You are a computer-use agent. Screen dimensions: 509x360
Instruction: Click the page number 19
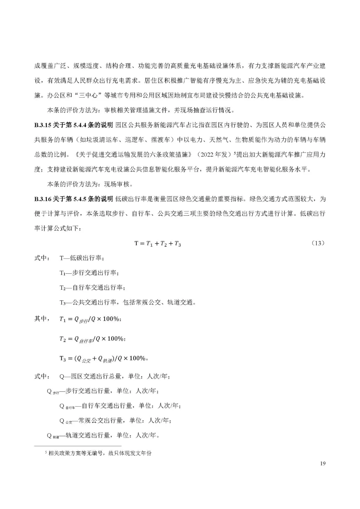pos(322,463)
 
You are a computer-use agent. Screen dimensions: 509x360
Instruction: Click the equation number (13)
pos(317,243)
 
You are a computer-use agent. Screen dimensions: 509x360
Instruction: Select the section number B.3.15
pos(42,125)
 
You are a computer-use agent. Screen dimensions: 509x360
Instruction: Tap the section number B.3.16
pos(42,199)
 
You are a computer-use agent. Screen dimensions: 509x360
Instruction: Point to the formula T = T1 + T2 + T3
pos(157,244)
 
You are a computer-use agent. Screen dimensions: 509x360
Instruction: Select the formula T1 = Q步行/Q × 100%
pos(90,319)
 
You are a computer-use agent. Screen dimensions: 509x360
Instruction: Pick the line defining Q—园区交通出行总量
pos(115,376)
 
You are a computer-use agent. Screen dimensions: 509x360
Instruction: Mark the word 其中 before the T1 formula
pos(42,319)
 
